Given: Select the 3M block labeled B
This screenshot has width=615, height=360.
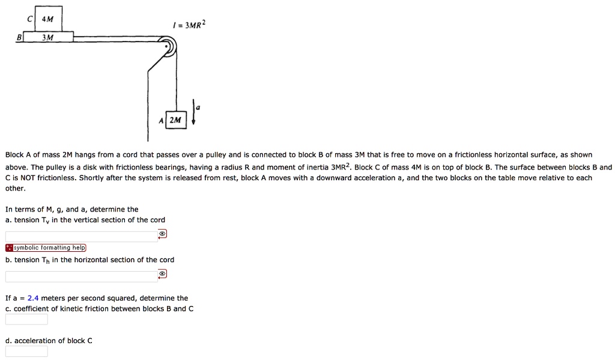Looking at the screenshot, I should (48, 37).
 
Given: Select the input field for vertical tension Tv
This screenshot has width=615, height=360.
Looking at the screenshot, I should (81, 236).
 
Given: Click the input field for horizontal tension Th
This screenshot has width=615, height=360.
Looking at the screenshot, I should (81, 276).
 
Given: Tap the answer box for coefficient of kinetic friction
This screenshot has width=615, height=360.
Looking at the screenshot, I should (26, 319).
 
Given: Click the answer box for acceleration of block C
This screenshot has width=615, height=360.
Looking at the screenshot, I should (26, 351).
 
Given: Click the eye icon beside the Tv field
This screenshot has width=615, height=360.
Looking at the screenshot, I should (162, 234).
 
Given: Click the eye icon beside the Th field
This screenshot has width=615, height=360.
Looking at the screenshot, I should (162, 274).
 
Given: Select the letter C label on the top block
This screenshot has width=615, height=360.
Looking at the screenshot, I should (29, 19).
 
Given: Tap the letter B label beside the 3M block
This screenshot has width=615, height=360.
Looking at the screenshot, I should (18, 37).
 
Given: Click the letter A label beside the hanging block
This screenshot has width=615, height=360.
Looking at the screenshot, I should (161, 120).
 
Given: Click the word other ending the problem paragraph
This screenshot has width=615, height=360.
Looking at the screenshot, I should (15, 188).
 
